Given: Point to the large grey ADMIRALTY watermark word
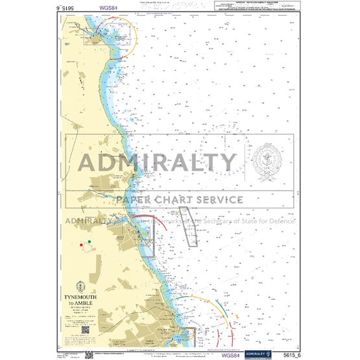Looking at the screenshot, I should point(158,162).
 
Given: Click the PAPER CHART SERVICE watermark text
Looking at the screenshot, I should point(180,200).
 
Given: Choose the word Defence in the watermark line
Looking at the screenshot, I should point(283,221).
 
